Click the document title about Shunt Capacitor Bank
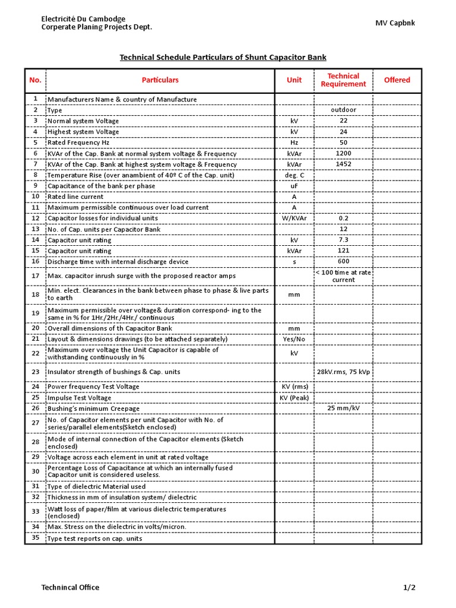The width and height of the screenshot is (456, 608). pos(223,58)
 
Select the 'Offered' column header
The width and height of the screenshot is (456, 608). pos(397,80)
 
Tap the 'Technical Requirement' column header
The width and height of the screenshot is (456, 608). pos(343,80)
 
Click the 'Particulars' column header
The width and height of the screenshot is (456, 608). pos(160,80)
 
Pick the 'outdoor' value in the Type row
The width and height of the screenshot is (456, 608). pos(343,110)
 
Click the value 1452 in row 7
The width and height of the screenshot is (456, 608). pos(343,164)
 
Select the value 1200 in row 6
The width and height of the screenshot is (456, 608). pos(343,153)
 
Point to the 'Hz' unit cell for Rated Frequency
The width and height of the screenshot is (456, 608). pos(294,142)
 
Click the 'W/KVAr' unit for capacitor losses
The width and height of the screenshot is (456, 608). pos(294,218)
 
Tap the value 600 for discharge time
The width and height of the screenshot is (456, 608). pos(343,262)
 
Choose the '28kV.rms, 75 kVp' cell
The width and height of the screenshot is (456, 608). pos(343,372)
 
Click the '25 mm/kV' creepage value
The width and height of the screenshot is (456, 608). pos(343,408)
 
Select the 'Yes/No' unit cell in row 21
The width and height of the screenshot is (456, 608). pos(294,339)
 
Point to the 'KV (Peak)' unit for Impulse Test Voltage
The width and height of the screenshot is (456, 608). pos(294,398)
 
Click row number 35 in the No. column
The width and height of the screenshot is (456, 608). pos(35,538)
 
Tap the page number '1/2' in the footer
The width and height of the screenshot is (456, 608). pos(409,588)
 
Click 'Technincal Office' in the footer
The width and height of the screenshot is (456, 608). pos(70,588)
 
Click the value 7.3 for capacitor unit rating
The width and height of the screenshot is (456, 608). pos(343,240)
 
